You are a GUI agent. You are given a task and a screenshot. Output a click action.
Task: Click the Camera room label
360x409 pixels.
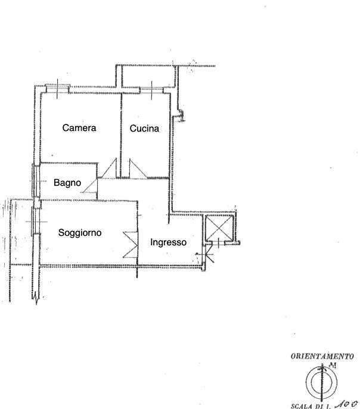click(79, 128)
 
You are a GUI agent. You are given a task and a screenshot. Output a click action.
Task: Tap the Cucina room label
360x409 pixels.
click(144, 129)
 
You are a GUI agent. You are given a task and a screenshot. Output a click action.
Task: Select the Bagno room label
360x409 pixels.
click(67, 183)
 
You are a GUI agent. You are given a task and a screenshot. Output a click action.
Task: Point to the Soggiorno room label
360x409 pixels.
click(80, 232)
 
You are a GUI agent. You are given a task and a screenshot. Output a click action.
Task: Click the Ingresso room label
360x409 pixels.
click(169, 242)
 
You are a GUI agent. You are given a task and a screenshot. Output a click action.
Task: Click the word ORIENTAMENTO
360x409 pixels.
click(322, 356)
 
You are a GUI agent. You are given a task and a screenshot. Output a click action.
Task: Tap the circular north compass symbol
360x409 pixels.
click(322, 383)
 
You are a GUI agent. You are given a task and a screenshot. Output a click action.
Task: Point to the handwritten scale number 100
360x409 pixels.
click(346, 404)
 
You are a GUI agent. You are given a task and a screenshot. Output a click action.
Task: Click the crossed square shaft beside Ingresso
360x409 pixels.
click(219, 228)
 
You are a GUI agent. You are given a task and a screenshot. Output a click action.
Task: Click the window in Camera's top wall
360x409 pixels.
click(57, 89)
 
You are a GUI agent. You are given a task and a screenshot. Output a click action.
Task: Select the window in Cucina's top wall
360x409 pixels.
click(151, 90)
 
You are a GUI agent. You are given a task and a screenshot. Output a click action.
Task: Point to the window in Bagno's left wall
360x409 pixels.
click(36, 181)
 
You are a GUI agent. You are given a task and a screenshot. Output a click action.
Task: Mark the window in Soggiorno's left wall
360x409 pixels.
click(36, 221)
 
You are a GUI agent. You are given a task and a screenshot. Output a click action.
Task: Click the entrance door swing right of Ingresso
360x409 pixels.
click(206, 254)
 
